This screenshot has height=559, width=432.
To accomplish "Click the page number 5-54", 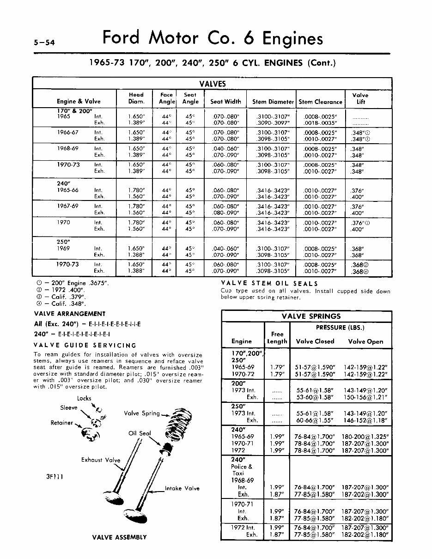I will click(44, 43).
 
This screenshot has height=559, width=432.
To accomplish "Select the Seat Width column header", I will click(225, 102).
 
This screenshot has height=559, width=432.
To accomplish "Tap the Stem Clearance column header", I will click(321, 102).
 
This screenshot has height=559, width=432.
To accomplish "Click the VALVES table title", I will click(212, 84).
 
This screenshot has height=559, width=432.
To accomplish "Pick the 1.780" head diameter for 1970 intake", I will click(136, 222).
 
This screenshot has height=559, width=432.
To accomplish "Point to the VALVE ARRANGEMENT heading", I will click(70, 314).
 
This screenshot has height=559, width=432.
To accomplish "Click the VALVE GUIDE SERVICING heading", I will click(85, 345).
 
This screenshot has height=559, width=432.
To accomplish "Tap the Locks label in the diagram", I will click(84, 398).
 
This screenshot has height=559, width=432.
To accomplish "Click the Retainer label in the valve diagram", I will click(62, 423).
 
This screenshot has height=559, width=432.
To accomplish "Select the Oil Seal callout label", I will click(140, 433).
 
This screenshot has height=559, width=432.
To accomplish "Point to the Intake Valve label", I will click(183, 488).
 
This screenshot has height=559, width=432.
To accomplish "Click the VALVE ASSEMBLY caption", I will click(119, 537).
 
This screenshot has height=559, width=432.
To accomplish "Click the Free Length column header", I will click(277, 338).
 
